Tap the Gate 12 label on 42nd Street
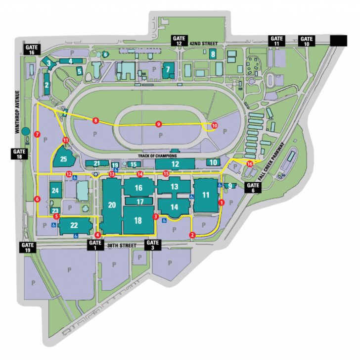pos(179,41)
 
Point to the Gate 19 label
pos(27,247)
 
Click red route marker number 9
pos(159,124)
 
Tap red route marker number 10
pos(214,126)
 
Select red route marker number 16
pos(249,164)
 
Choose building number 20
pos(112,205)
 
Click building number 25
pos(63,159)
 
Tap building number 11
pos(206,195)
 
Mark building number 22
pos(74,225)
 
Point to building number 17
pos(140,202)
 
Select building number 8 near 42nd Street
pos(213,54)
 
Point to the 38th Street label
pos(123,244)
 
